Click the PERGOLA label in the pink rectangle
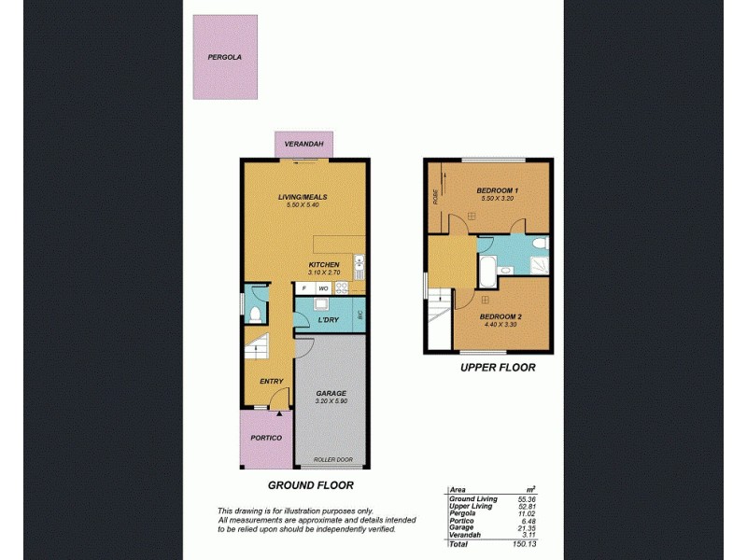[x=225, y=57]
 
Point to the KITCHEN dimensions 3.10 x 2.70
[x=324, y=273]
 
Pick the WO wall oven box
[x=323, y=288]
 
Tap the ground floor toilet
[x=254, y=310]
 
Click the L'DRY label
[x=328, y=320]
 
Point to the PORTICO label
[x=265, y=437]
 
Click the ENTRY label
[x=272, y=381]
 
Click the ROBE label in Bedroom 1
[x=436, y=196]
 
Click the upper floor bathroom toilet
[x=539, y=245]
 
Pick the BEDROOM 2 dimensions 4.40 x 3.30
[x=501, y=324]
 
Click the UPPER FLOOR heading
[x=498, y=368]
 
